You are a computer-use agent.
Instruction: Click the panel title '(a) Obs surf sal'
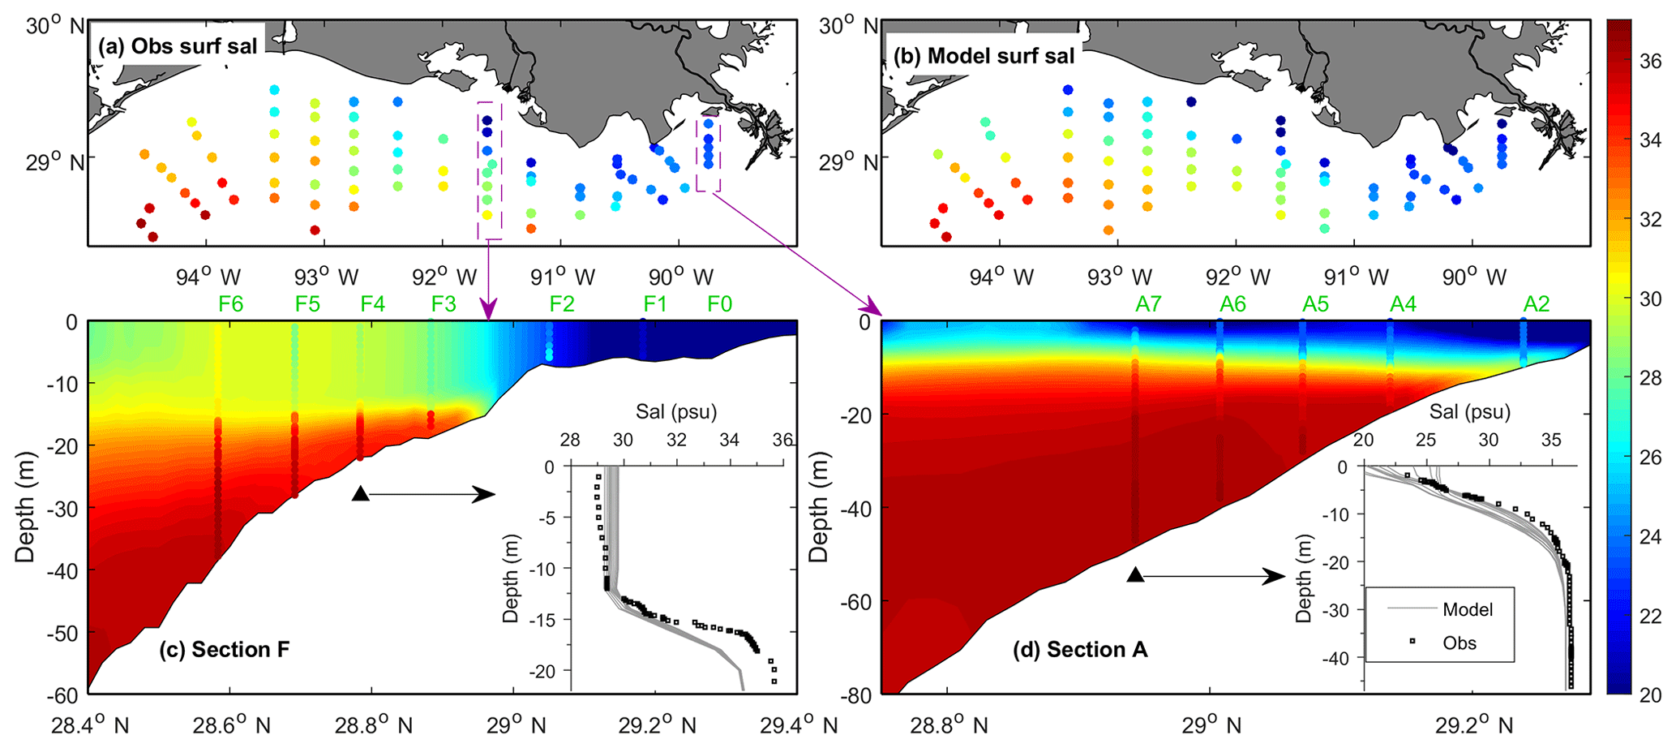(x=178, y=45)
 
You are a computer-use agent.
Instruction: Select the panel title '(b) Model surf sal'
(x=984, y=55)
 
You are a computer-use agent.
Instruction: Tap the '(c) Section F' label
(x=229, y=650)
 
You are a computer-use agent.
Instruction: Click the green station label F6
(x=231, y=304)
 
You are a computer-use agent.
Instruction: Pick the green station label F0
(x=719, y=304)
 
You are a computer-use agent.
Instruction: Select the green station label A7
(x=1148, y=304)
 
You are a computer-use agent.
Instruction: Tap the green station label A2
(x=1537, y=304)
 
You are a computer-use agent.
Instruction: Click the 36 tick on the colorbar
(x=1651, y=62)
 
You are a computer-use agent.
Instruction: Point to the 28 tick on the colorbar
(x=1651, y=379)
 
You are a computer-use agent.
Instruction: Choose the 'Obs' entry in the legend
(x=1460, y=643)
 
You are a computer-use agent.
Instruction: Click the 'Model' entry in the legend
(x=1468, y=609)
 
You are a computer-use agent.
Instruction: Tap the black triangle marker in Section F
(x=361, y=493)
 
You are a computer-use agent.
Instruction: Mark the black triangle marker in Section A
(x=1136, y=575)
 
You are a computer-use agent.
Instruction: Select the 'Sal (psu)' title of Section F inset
(x=676, y=411)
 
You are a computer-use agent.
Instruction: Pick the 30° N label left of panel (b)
(x=847, y=26)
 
